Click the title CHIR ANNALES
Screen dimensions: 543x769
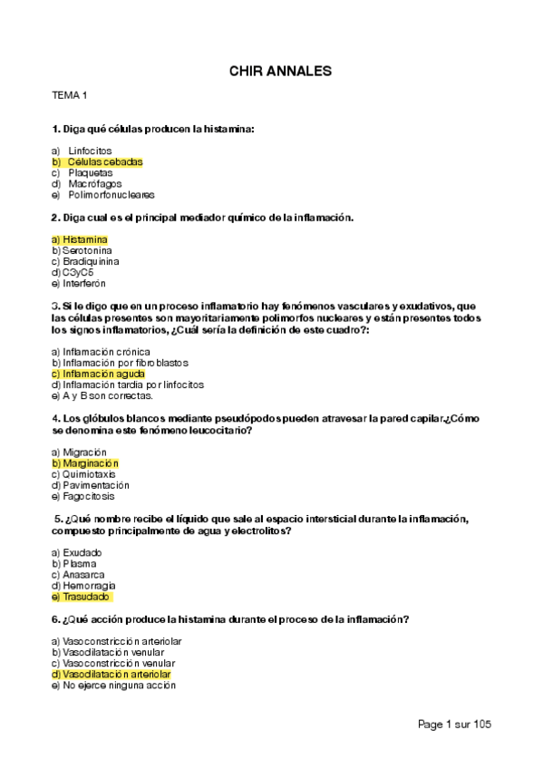(x=279, y=70)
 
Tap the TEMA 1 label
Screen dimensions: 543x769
(x=70, y=95)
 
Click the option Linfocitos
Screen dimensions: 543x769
(x=90, y=151)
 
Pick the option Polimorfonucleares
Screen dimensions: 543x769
(x=112, y=195)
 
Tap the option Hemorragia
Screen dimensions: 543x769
(x=88, y=586)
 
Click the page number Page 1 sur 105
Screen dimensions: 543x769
(x=454, y=725)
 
